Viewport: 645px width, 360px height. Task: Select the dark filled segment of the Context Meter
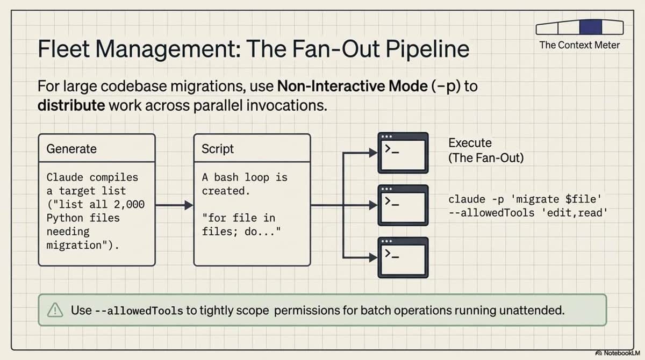pyautogui.click(x=590, y=27)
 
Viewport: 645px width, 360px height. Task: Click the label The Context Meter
pyautogui.click(x=579, y=45)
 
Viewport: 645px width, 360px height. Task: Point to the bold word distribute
pyautogui.click(x=71, y=105)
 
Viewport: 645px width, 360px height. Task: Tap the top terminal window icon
pyautogui.click(x=403, y=153)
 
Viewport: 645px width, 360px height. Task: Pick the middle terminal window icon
pyautogui.click(x=403, y=205)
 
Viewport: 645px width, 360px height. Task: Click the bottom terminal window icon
pyautogui.click(x=403, y=257)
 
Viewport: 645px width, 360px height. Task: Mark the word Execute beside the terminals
pyautogui.click(x=470, y=143)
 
